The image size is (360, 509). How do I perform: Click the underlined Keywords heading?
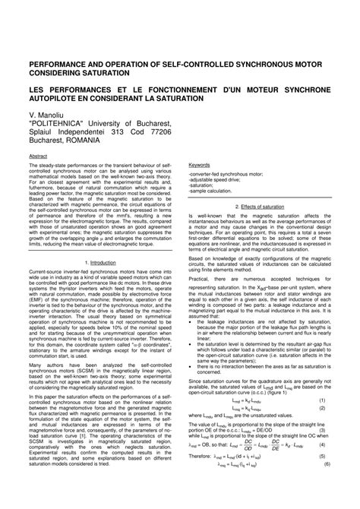pyautogui.click(x=199, y=164)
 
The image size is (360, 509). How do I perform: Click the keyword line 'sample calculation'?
pyautogui.click(x=219, y=190)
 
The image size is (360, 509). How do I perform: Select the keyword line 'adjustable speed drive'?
pyautogui.click(x=220, y=178)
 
